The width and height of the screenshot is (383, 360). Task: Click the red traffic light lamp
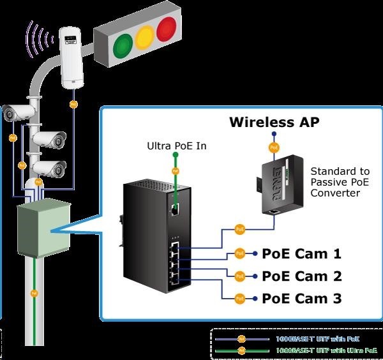pos(167,29)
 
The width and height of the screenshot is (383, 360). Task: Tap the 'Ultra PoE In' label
pos(176,146)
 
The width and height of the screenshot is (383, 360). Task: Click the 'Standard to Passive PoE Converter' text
pos(340,182)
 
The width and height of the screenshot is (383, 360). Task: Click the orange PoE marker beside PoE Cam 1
pos(239,253)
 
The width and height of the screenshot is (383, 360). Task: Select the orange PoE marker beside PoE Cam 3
pos(239,297)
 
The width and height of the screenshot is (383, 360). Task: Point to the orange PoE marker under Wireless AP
pos(274,147)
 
